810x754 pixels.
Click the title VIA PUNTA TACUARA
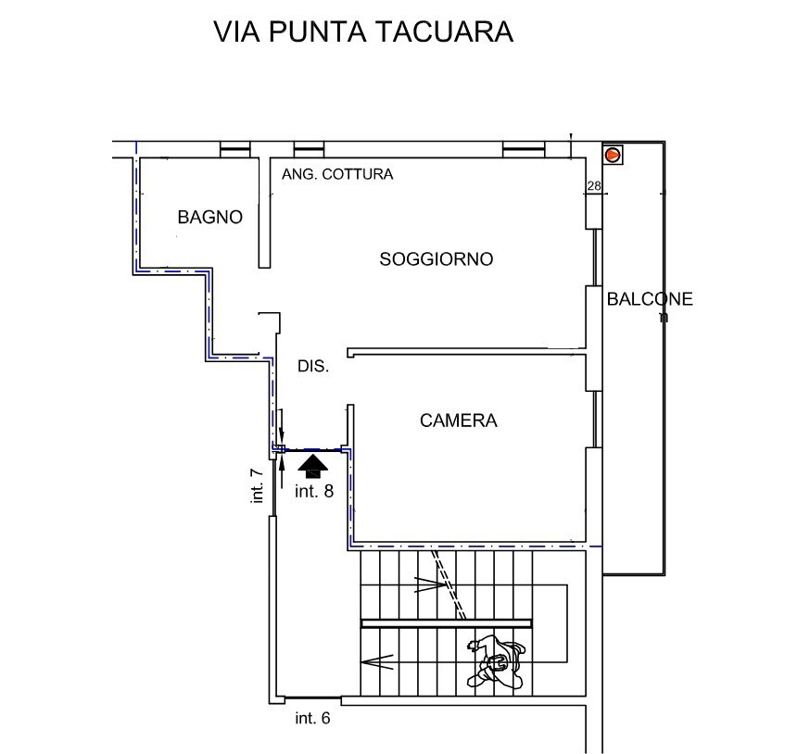(363, 31)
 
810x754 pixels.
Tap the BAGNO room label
(210, 218)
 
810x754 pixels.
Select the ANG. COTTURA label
(337, 174)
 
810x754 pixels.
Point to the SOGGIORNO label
(436, 259)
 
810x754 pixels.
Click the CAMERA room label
(458, 421)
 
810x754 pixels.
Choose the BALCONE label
(649, 299)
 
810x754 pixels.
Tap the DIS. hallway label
(313, 367)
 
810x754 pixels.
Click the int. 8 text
(313, 492)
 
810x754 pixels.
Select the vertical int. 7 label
(258, 485)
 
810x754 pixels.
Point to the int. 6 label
(312, 718)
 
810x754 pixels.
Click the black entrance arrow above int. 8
(314, 464)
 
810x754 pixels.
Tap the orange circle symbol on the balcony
(613, 155)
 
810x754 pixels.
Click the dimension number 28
(594, 187)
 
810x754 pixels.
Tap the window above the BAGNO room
(235, 148)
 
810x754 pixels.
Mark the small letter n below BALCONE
(663, 317)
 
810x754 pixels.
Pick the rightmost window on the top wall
(523, 148)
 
